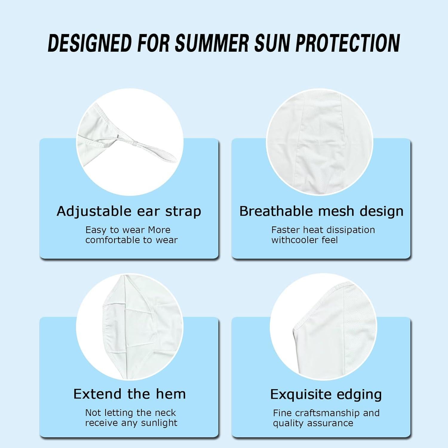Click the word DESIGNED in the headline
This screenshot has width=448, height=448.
[x=90, y=43]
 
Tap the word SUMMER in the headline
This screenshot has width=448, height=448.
[x=212, y=43]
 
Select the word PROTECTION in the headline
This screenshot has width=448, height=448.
[x=348, y=43]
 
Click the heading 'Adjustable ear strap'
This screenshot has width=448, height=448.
[x=129, y=211]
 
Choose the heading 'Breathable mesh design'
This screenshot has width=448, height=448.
[x=321, y=211]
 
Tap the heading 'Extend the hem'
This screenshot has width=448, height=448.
[x=130, y=394]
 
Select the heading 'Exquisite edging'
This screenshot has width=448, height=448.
[x=326, y=395]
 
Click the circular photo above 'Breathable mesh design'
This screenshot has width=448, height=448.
[x=320, y=142]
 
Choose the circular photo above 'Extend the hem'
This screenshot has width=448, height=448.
[x=130, y=327]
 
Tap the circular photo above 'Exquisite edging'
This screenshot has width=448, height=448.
[x=323, y=327]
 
